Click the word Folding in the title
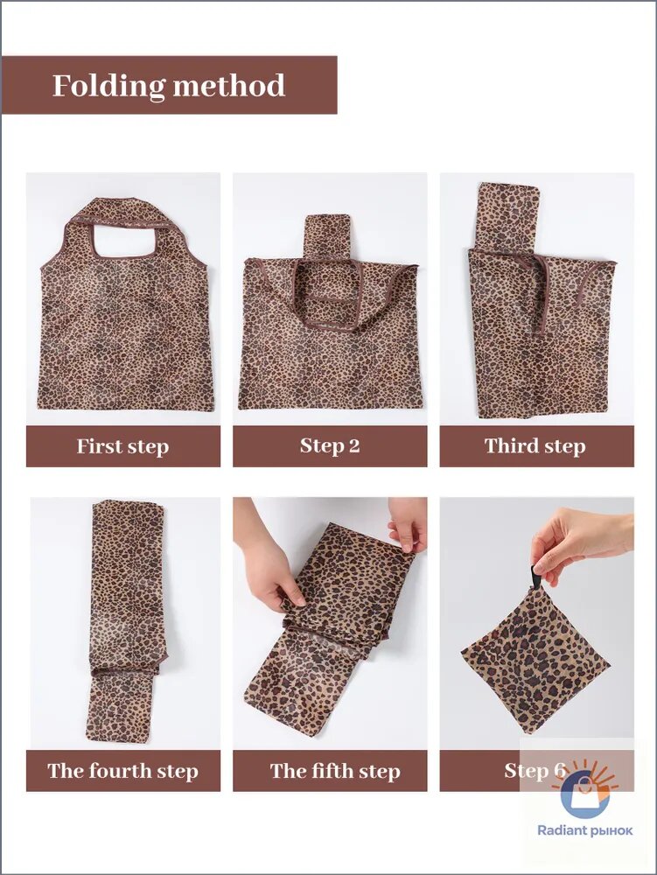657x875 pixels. click(x=108, y=87)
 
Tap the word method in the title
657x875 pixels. click(x=229, y=86)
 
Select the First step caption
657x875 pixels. click(x=122, y=446)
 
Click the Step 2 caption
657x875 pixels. click(x=330, y=445)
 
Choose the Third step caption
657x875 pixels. click(x=535, y=446)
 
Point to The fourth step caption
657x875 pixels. click(x=122, y=771)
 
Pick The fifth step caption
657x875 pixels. click(x=335, y=771)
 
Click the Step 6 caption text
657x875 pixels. click(x=535, y=770)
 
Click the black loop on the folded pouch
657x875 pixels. click(x=536, y=578)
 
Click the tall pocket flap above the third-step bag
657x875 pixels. click(x=510, y=216)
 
